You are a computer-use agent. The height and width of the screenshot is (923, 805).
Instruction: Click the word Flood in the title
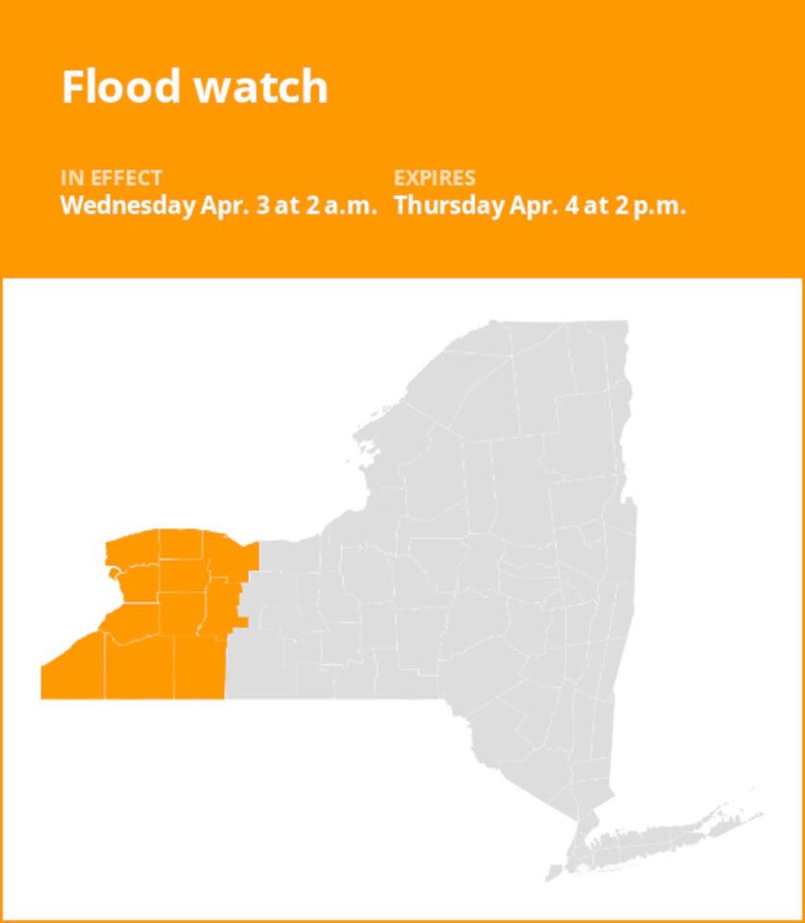(122, 87)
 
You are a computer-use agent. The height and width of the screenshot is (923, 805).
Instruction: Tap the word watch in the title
(261, 87)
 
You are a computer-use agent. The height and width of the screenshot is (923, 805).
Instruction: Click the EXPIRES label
(435, 178)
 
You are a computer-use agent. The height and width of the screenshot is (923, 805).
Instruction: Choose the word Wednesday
(127, 206)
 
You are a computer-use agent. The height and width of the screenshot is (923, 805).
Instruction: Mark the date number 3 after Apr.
(264, 206)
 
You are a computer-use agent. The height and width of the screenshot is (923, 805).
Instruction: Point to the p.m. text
(660, 206)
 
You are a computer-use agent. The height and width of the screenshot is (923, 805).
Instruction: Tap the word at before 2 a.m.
(288, 206)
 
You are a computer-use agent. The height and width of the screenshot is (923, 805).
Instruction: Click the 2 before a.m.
(313, 206)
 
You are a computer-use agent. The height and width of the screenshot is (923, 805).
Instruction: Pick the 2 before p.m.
(621, 206)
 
